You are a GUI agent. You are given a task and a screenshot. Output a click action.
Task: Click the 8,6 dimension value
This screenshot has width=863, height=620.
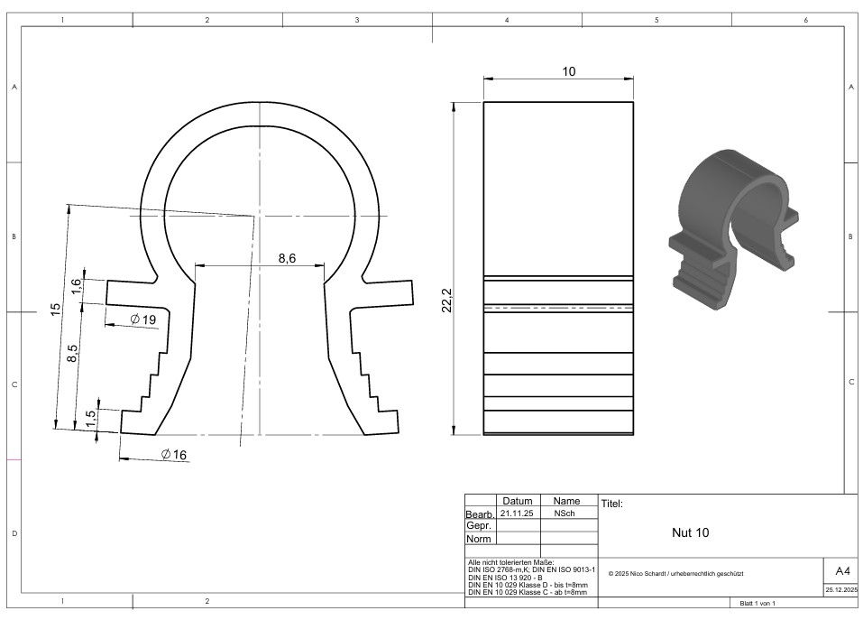(287, 258)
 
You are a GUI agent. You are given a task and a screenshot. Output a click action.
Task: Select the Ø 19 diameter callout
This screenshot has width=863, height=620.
(143, 319)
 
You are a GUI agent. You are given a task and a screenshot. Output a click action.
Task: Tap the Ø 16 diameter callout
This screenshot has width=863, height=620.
(174, 454)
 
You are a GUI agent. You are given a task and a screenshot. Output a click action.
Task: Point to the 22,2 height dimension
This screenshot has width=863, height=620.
(447, 301)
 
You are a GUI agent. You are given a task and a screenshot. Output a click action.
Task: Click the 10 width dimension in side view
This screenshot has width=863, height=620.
(568, 71)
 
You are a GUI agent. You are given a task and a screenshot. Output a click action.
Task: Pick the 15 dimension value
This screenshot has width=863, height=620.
(56, 310)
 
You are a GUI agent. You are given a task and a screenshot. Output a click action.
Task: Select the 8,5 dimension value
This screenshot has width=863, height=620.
(72, 353)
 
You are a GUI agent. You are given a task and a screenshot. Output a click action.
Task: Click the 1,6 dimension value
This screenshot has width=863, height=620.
(76, 286)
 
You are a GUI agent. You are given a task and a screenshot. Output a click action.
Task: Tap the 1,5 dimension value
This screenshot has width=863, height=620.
(91, 418)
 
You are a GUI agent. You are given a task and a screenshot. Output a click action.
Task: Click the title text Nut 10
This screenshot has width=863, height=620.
(690, 532)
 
